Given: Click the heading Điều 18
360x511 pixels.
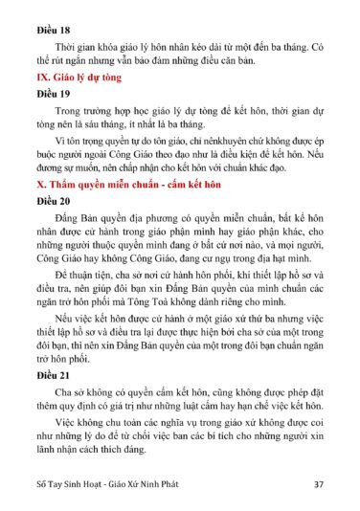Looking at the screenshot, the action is pyautogui.click(x=50, y=17).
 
